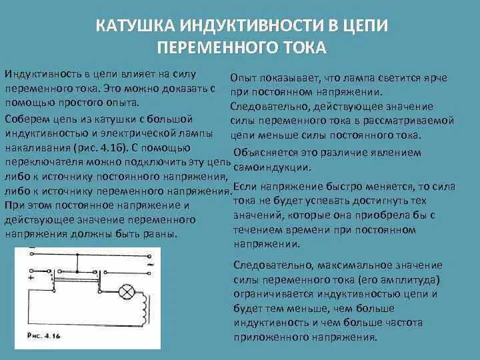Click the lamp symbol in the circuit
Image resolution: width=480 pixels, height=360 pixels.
126,291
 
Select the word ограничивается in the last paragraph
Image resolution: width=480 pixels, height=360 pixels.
271,294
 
